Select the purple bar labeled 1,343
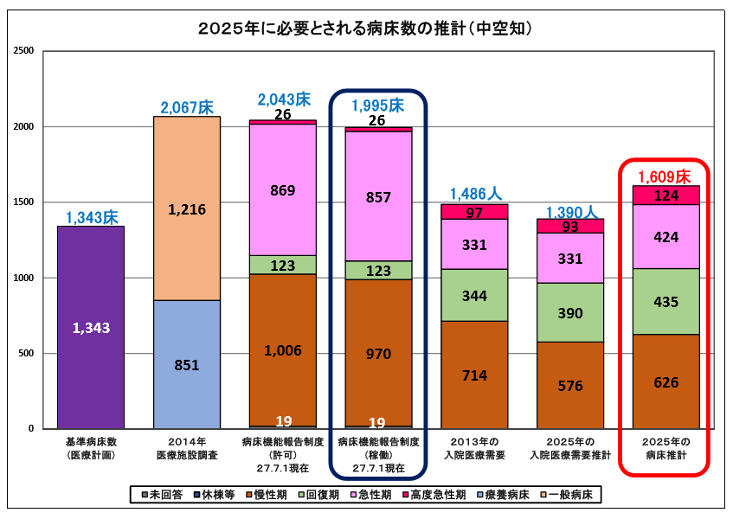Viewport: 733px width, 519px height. coord(91,327)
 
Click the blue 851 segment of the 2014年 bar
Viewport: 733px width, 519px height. coord(187,364)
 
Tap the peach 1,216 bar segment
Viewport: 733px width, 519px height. coord(187,208)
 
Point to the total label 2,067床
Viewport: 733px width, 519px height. coord(187,107)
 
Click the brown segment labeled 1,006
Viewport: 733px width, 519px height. coord(283,350)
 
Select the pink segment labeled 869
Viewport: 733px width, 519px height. coord(283,189)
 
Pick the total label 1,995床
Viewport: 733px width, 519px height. coord(377,106)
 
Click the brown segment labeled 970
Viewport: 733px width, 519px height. coord(378,353)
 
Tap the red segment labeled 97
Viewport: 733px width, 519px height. coord(474,212)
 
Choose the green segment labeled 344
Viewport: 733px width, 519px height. coord(474,295)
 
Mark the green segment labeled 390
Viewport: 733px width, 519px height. coord(569,312)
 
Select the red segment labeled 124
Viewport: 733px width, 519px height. coord(665,195)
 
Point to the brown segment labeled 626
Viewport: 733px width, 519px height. coord(665,381)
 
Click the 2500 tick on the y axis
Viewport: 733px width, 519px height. coord(24,51)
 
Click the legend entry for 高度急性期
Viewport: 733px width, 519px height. coord(436,495)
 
